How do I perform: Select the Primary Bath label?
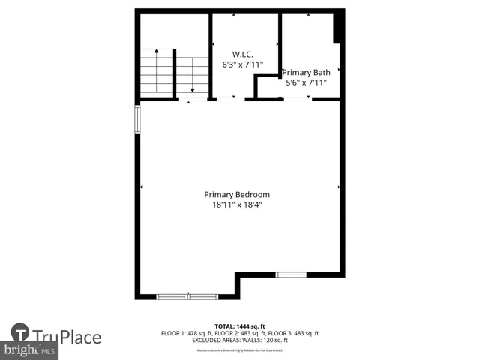pos(307,72)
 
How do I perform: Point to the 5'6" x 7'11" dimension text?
pos(307,82)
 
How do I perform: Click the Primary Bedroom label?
pos(237,194)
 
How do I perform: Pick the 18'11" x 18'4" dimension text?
pos(237,204)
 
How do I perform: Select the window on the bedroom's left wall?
pos(137,120)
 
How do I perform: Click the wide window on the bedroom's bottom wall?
pos(187,296)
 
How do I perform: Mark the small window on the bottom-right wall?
pos(291,274)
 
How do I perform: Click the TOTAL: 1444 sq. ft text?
pos(239,326)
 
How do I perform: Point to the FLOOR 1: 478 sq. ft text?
pos(186,333)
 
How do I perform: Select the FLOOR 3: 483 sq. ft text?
pos(293,333)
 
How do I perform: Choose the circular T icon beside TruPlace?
pos(20,334)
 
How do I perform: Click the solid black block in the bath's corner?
pos(338,28)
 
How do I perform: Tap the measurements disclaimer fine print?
pos(239,350)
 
